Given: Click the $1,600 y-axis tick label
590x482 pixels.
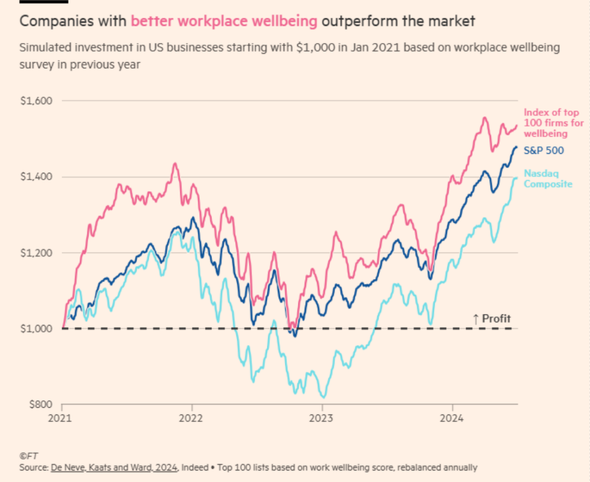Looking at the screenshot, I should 36,101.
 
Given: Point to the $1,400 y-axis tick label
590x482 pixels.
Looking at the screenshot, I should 36,177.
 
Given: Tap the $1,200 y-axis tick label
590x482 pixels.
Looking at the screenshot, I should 36,253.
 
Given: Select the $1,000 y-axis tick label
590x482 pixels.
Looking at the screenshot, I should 36,329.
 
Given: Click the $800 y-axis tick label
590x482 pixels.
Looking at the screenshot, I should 39,405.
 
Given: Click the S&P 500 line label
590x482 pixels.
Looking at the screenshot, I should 543,150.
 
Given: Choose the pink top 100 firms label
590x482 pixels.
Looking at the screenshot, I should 553,123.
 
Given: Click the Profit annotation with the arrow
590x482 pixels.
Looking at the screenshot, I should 491,318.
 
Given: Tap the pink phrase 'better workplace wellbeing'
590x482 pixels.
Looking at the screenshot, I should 224,22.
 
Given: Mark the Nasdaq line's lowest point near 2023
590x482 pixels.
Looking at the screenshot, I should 324,397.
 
